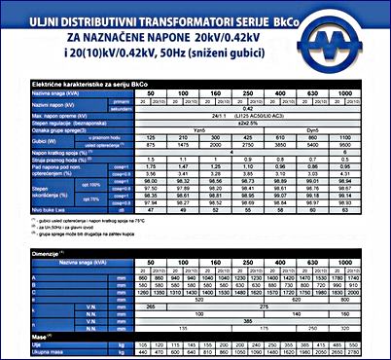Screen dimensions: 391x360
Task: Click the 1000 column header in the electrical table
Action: point(369,94)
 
